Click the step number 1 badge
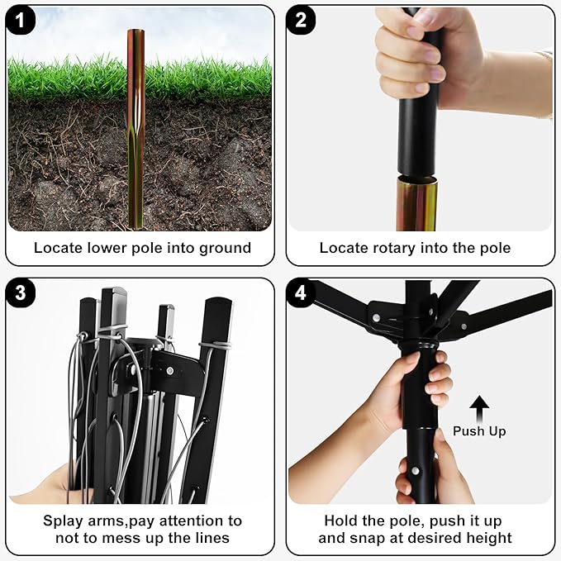pyautogui.click(x=21, y=21)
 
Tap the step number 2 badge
pyautogui.click(x=301, y=21)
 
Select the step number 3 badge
pyautogui.click(x=21, y=293)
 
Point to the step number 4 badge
pyautogui.click(x=301, y=293)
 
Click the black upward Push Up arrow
pyautogui.click(x=479, y=409)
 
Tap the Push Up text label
pyautogui.click(x=479, y=431)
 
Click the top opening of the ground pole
pyautogui.click(x=136, y=31)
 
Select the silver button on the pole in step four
pyautogui.click(x=415, y=470)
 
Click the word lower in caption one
pyautogui.click(x=107, y=249)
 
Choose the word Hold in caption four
pyautogui.click(x=340, y=521)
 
